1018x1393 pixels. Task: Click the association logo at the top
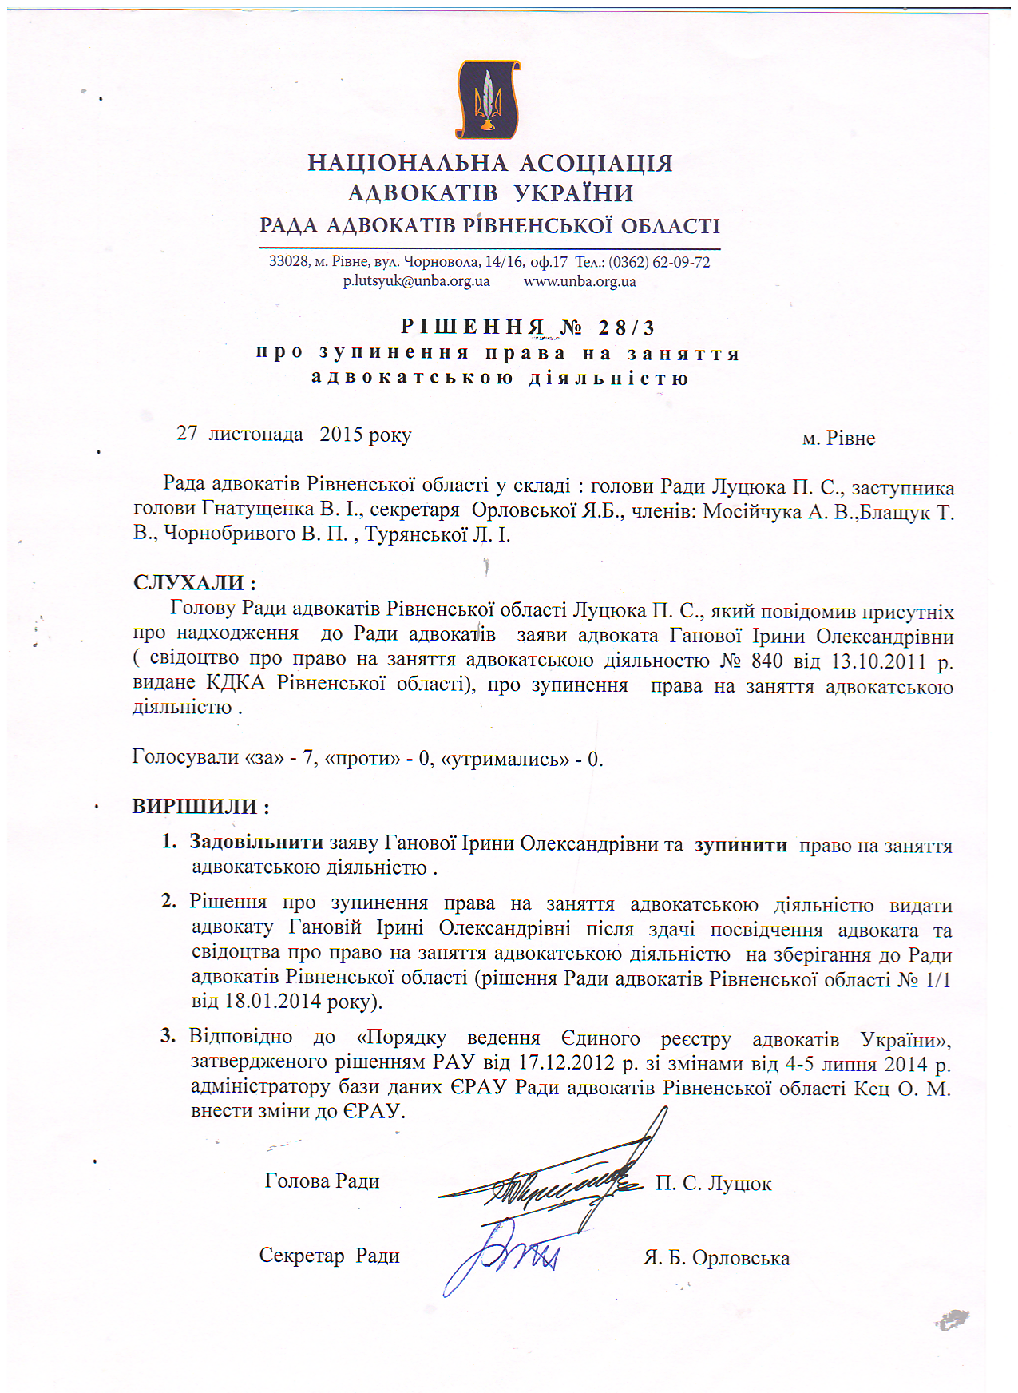point(488,100)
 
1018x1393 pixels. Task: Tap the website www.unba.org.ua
point(580,281)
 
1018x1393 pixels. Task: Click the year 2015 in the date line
point(341,434)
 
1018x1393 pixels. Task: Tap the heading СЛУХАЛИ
point(195,583)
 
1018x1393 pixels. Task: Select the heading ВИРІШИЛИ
point(200,806)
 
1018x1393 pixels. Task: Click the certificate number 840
point(766,661)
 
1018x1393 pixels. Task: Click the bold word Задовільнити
point(256,842)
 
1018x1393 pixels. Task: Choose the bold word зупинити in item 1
point(740,845)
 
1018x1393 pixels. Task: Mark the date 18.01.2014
point(274,1002)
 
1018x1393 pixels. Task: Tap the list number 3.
point(168,1036)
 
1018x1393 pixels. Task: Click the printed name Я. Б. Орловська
point(716,1258)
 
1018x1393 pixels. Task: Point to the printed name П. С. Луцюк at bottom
point(713,1183)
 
